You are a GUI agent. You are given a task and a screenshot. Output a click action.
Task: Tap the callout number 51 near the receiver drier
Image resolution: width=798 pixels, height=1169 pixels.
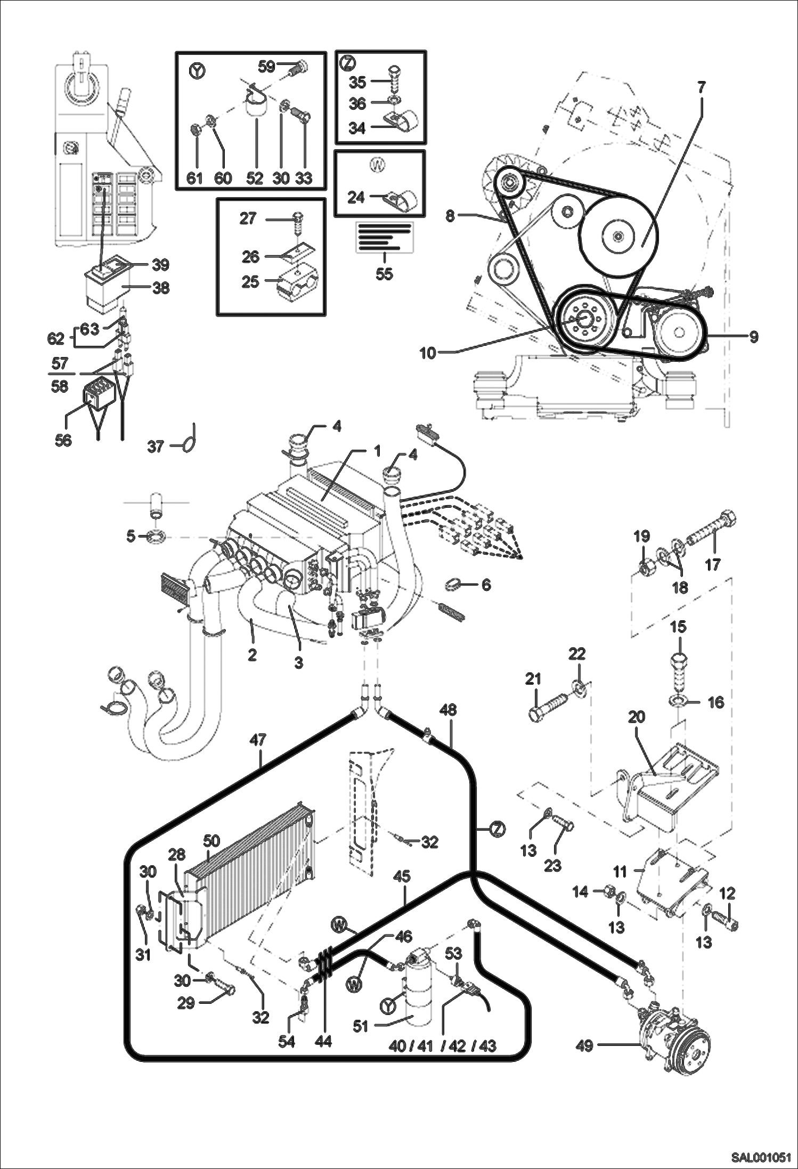coord(361,1026)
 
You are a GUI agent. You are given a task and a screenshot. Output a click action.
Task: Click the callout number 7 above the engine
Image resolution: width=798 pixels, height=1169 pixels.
coord(702,87)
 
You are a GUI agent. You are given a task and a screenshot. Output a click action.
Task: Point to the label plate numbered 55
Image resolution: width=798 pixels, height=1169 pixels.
coord(385,236)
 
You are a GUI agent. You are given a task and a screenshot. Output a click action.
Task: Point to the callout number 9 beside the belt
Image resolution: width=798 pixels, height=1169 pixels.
coord(754,337)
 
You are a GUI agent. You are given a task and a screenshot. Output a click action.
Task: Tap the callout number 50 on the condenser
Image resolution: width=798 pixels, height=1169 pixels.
coord(211,841)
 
